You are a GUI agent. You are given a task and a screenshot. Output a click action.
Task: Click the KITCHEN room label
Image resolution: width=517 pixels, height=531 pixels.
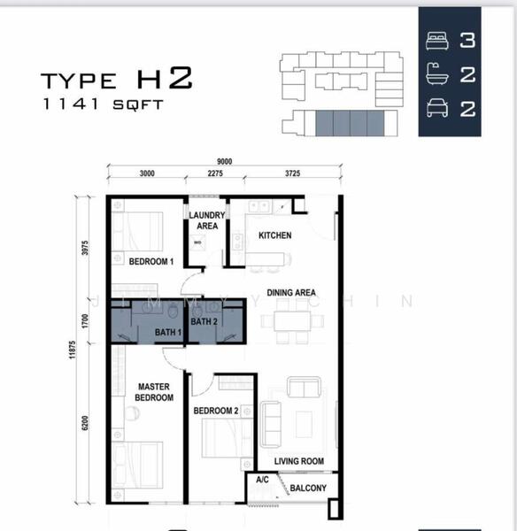click(274, 235)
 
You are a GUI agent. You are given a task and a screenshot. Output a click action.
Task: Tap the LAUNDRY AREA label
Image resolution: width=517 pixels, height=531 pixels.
click(207, 220)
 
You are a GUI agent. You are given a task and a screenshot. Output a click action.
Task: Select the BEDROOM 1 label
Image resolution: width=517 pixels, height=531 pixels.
click(151, 261)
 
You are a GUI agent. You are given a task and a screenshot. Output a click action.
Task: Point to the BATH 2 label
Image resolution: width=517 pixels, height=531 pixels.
click(204, 321)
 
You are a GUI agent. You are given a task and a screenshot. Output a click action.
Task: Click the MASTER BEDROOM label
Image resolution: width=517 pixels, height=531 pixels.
click(154, 392)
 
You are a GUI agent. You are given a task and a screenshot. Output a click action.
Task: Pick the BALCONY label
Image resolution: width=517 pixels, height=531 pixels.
click(308, 488)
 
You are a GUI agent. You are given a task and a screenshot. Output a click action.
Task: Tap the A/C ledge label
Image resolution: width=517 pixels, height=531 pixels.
click(262, 480)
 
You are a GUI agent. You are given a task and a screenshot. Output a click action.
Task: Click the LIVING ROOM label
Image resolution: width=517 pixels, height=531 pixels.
click(299, 461)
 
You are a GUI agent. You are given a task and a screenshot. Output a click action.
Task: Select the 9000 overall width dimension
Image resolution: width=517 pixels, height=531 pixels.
click(224, 162)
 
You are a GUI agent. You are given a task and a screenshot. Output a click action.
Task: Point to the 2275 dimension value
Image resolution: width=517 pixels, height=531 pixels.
click(215, 173)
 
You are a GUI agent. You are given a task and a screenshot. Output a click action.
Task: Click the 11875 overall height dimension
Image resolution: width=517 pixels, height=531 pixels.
click(73, 350)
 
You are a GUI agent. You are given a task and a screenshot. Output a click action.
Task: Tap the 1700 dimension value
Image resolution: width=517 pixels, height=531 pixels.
click(85, 321)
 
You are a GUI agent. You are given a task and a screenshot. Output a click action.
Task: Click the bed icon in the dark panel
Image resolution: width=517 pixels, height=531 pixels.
click(437, 41)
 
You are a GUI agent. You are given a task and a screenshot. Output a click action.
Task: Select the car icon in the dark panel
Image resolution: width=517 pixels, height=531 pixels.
click(437, 108)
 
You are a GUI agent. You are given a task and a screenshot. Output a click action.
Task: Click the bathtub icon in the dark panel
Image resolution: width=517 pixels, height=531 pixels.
click(437, 73)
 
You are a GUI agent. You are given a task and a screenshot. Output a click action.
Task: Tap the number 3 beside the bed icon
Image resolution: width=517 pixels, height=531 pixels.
click(467, 41)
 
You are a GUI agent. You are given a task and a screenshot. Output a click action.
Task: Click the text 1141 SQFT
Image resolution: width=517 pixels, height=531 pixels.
click(104, 104)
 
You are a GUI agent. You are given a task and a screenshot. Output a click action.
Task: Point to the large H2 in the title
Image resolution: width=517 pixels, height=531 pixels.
click(165, 78)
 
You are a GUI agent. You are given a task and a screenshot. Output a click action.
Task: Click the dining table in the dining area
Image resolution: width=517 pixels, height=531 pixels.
click(292, 321)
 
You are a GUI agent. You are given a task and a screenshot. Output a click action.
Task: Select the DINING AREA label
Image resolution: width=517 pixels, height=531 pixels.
click(291, 293)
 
